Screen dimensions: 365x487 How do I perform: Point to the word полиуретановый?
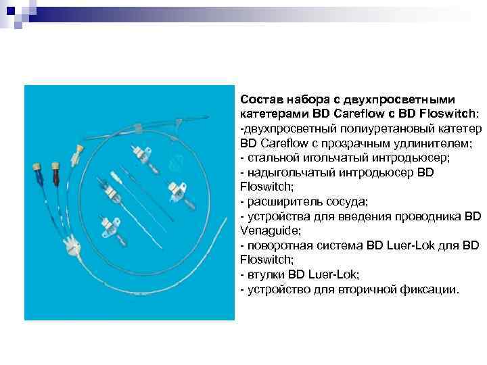363,129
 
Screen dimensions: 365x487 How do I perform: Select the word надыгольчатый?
284,173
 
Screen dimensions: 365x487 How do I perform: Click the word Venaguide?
267,231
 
